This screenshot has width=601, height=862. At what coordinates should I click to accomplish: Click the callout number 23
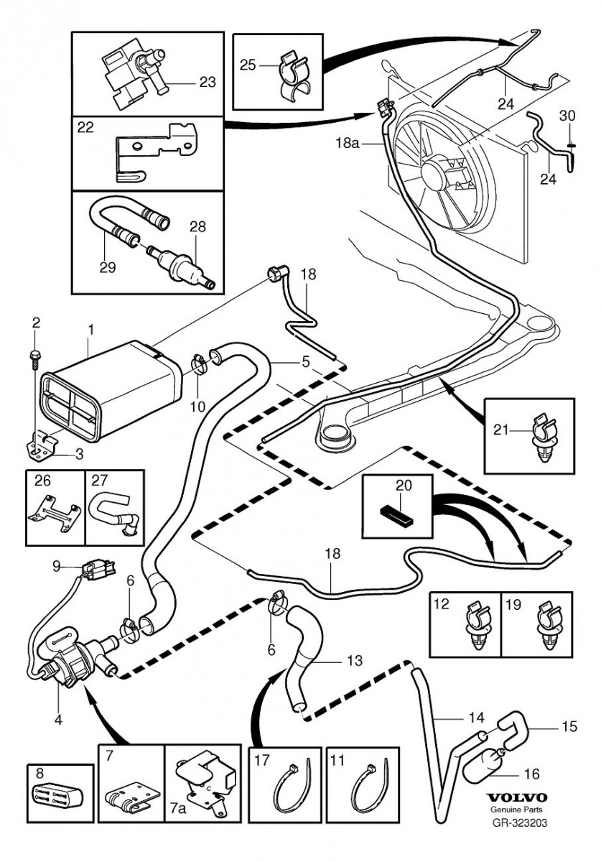(207, 82)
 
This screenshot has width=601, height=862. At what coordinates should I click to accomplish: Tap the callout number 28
(197, 226)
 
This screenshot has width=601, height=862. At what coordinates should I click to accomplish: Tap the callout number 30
(567, 116)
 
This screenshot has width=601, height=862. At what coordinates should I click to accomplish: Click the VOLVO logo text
(517, 797)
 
